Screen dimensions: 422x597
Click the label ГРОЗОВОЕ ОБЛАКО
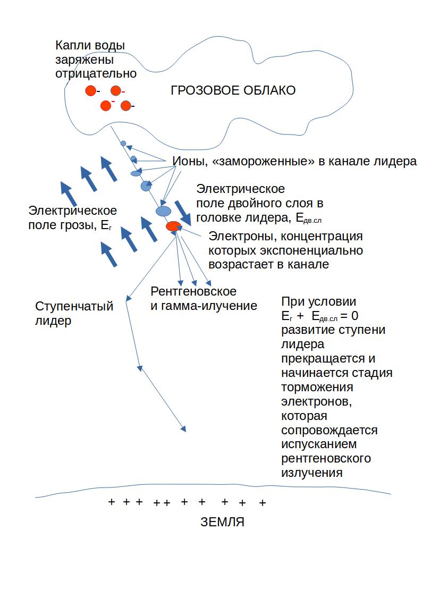233,90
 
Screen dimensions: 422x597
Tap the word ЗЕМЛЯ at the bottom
222,522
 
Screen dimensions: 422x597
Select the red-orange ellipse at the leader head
173,226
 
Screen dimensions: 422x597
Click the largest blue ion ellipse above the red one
163,211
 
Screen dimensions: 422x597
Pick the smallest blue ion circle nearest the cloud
123,144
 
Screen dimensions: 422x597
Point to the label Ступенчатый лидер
74,313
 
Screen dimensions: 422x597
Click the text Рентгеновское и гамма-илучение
204,299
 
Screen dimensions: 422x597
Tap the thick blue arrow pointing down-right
183,213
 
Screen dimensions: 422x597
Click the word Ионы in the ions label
189,161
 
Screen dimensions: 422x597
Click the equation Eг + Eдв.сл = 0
319,316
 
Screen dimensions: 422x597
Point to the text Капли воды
90,45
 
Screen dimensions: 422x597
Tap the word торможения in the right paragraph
317,387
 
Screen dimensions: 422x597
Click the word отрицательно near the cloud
96,73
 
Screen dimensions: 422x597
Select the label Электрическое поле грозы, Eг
72,218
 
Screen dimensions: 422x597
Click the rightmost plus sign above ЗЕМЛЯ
262,503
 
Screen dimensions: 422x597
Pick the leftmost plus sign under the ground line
112,502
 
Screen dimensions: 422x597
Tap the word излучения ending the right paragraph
312,473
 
